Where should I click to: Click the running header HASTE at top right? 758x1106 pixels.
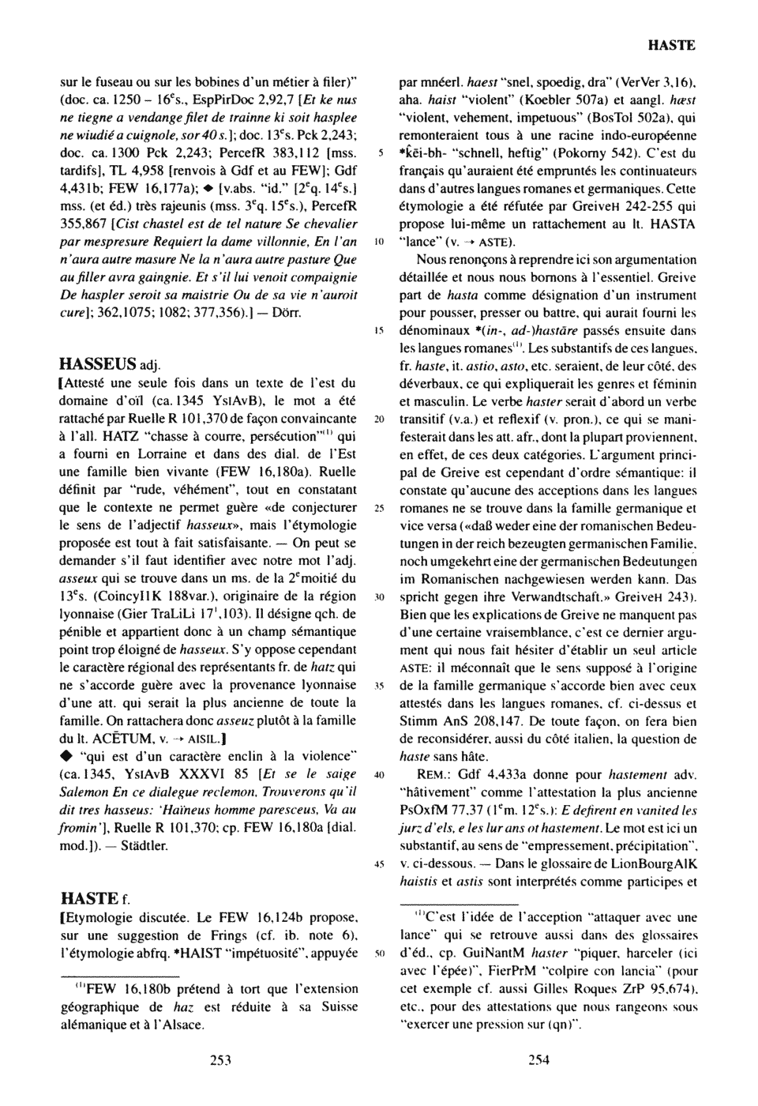click(671, 46)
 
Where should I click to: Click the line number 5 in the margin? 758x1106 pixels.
click(380, 152)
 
